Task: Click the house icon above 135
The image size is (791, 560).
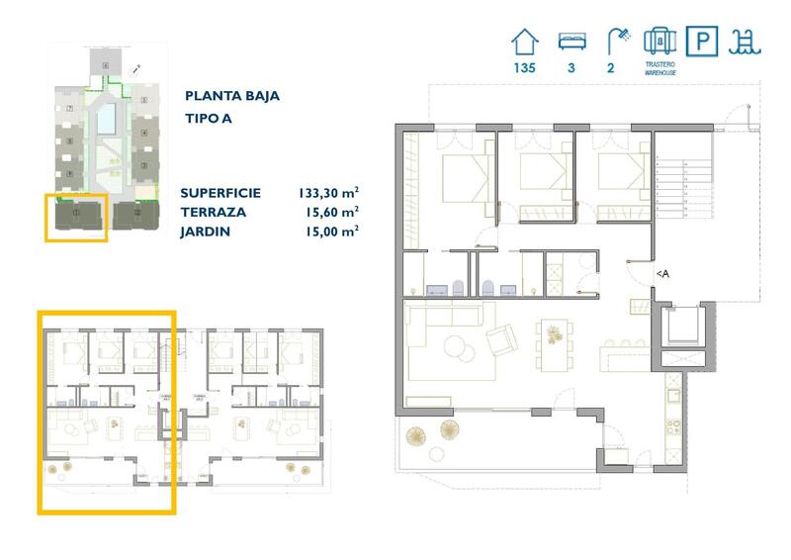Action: (524, 43)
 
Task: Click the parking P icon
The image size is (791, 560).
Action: (702, 43)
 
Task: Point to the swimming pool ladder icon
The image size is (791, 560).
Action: (743, 43)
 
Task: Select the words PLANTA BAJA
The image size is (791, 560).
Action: (231, 96)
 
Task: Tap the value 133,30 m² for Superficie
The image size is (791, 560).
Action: (328, 194)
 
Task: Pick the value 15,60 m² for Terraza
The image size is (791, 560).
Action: (331, 212)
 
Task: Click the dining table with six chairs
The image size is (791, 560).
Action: (553, 333)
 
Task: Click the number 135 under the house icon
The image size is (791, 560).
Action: (524, 69)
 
